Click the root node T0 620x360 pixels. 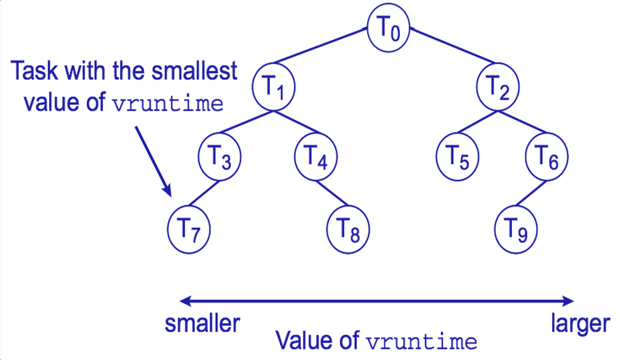388,30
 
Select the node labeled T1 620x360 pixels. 274,88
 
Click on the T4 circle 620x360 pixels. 315,156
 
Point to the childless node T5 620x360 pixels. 457,156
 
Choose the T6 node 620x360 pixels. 546,156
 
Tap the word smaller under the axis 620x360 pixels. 202,324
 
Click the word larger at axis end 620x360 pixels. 580,324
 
